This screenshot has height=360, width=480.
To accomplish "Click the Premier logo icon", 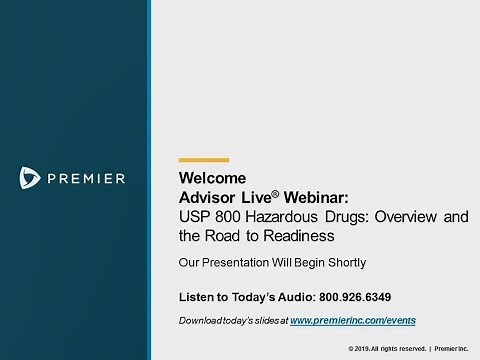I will [x=29, y=178].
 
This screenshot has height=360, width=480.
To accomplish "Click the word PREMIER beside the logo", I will [x=85, y=179].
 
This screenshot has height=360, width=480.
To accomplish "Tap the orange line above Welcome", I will [x=203, y=160].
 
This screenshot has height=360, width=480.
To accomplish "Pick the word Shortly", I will [x=342, y=263].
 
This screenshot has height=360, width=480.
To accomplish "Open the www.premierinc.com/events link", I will [x=352, y=320].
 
